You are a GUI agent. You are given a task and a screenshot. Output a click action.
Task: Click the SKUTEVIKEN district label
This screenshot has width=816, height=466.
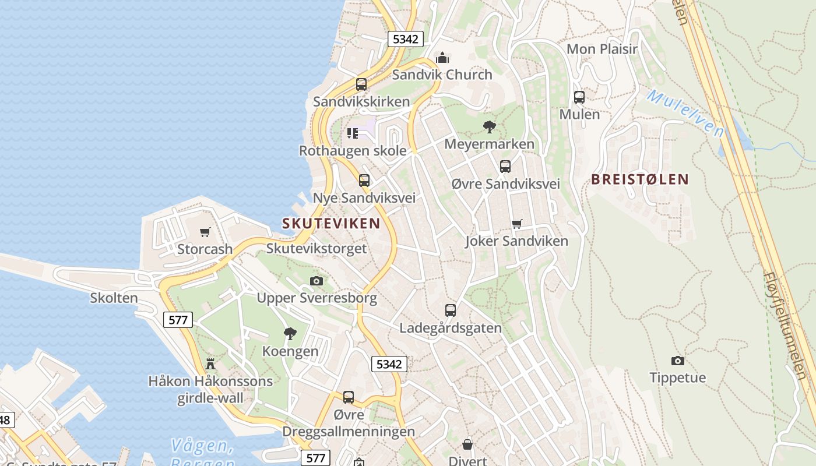click(331, 223)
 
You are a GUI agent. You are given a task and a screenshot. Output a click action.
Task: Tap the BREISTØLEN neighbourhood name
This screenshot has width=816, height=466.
click(640, 179)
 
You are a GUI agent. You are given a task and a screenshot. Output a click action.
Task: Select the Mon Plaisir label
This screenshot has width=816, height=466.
click(602, 49)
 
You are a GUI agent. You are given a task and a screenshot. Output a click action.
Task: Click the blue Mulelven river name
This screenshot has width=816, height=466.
click(685, 113)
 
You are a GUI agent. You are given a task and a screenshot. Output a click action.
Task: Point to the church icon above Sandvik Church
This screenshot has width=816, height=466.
click(442, 58)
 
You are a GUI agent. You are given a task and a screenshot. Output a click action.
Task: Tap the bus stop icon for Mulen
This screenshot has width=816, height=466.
click(579, 97)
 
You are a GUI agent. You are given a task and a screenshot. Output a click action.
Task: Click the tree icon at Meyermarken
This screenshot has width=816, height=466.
click(490, 126)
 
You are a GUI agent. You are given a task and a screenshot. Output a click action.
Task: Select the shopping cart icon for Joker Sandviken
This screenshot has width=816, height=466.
click(516, 224)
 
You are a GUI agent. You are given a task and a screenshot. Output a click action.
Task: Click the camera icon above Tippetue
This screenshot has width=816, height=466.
click(677, 361)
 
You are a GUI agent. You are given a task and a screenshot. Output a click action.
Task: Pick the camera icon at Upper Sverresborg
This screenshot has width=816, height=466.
click(316, 281)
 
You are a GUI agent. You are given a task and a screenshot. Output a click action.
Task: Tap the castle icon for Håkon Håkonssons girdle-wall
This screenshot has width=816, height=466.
click(210, 364)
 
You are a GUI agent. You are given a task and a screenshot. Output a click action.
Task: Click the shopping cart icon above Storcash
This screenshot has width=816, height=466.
click(205, 232)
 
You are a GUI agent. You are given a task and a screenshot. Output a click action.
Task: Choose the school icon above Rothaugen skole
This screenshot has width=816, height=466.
click(353, 133)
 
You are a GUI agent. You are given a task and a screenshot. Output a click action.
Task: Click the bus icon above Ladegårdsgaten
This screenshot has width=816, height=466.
click(450, 310)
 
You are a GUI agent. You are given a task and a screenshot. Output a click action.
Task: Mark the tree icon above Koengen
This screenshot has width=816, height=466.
click(290, 334)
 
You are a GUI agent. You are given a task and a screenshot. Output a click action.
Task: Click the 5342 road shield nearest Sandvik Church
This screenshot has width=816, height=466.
click(405, 39)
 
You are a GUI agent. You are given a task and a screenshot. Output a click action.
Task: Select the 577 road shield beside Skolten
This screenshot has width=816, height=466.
click(178, 319)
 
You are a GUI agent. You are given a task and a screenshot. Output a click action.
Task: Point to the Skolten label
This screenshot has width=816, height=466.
click(114, 298)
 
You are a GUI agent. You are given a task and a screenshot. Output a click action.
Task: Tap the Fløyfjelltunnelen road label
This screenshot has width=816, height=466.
click(789, 326)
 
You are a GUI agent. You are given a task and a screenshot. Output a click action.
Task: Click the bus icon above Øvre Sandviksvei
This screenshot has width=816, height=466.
click(505, 167)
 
